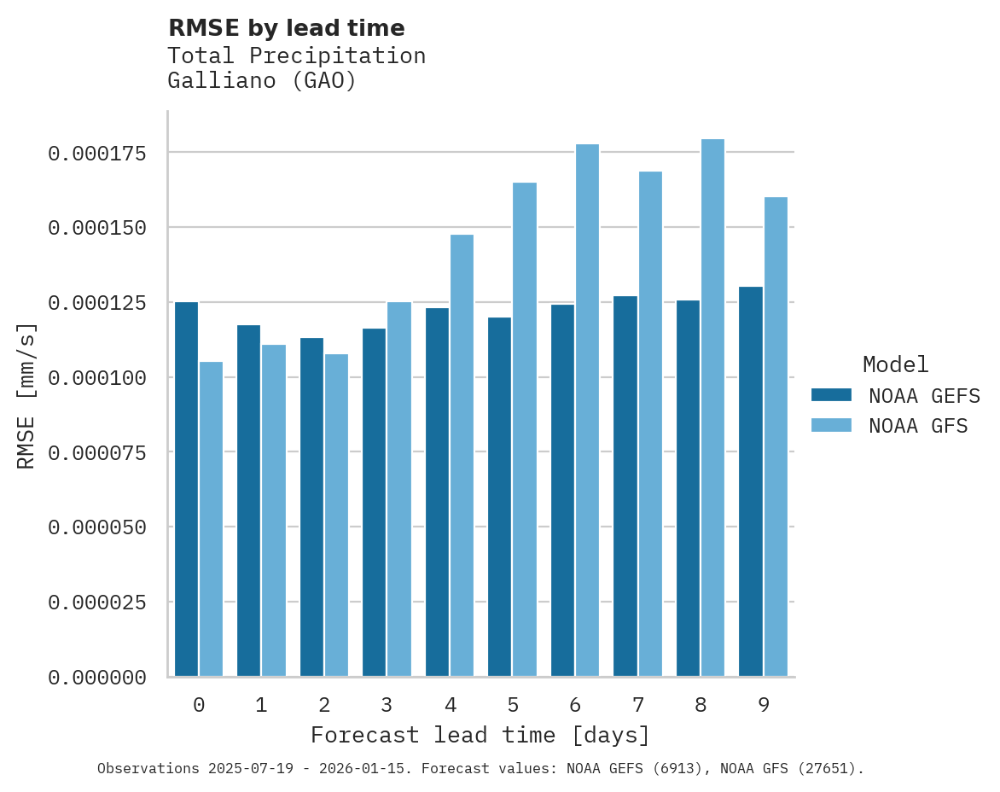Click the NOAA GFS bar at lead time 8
coord(712,408)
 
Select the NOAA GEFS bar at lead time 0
coord(186,489)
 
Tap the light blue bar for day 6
coord(587,411)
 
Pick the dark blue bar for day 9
coord(751,481)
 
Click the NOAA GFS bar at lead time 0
coord(211,519)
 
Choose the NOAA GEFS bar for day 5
coord(499,497)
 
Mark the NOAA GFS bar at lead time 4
coord(462,456)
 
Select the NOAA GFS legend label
coord(918,425)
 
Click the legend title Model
coord(895,364)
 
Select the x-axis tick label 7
coord(637,705)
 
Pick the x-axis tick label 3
coord(387,705)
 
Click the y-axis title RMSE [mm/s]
coord(26,396)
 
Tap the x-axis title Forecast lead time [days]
coord(480,735)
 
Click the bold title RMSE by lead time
coord(286,28)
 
